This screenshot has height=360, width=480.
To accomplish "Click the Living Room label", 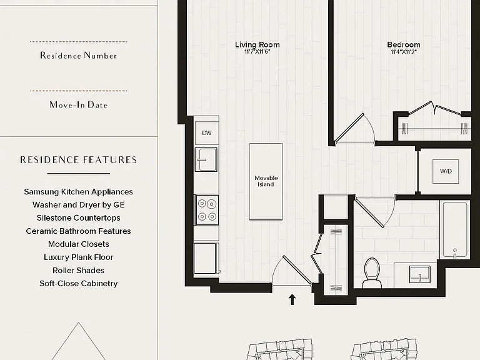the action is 257,45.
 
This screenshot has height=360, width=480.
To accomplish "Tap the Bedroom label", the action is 404,45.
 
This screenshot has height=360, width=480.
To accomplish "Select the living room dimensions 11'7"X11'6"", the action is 257,52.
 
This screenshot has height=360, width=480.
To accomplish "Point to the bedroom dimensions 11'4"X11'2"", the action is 404,52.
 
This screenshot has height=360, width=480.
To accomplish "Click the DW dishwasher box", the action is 207,133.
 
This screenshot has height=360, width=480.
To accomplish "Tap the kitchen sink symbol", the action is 206,159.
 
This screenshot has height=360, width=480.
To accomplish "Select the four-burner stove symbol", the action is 207,210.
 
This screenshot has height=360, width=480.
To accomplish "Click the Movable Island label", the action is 266,181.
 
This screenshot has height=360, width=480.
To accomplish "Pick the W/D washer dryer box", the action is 446,171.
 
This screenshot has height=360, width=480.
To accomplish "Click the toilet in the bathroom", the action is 372,272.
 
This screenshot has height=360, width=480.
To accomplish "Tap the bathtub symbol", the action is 454,229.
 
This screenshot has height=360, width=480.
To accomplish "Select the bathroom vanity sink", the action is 420,274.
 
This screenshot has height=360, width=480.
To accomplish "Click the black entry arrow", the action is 292,299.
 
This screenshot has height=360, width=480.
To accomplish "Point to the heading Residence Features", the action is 79,160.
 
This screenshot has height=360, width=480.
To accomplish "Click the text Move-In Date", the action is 79,105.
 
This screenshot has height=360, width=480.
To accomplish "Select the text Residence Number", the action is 79,56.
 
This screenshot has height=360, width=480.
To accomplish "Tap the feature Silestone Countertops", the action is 78,217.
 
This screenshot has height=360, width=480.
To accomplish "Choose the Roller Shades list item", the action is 78,270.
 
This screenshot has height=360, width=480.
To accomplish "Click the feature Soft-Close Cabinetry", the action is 78,284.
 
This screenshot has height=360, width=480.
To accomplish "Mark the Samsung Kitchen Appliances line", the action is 78,192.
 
